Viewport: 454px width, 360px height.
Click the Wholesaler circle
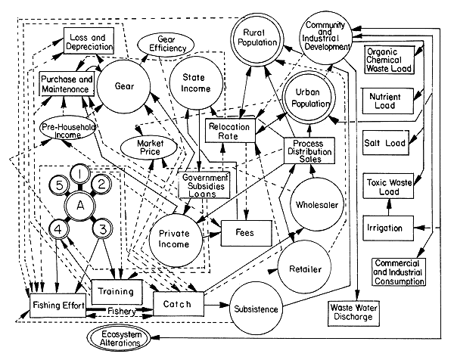tap(317, 204)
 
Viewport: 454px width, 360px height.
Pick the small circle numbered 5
tap(55, 185)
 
